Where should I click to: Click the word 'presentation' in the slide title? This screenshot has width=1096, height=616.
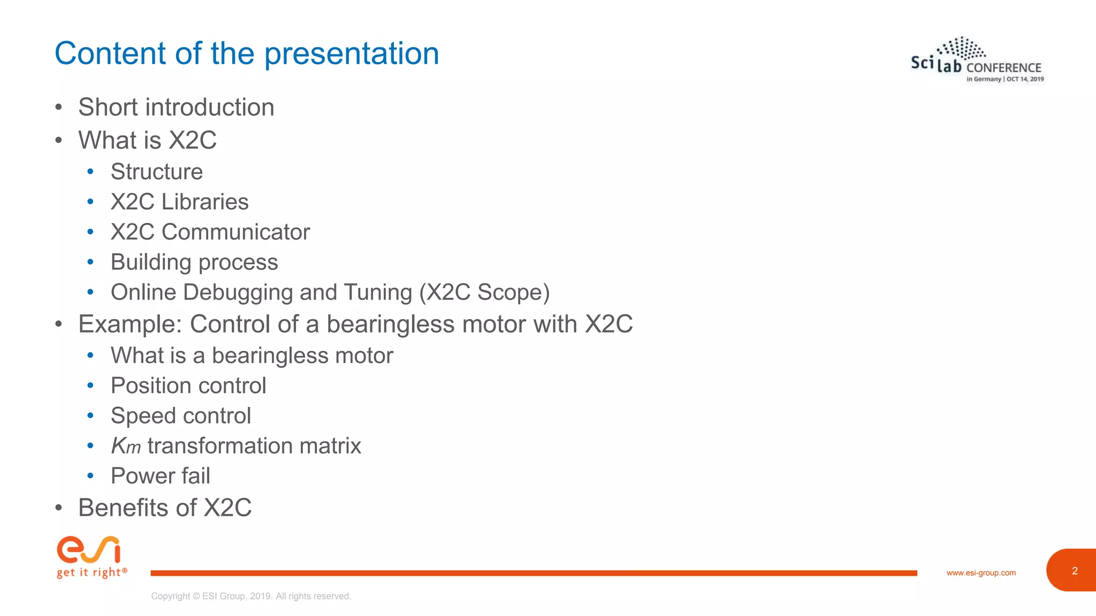pos(352,54)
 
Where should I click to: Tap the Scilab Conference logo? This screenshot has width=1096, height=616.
pos(977,60)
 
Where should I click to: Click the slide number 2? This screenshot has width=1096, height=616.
pos(1074,571)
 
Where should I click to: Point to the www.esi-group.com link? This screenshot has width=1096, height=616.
pos(980,573)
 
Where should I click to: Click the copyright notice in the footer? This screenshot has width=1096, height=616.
pos(251,596)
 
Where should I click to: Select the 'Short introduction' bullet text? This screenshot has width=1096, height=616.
pos(176,107)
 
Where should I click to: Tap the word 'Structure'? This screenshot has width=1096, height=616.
pos(157,172)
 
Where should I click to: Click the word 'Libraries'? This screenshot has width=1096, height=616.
pos(205,202)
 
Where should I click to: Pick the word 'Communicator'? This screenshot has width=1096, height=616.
pos(235,232)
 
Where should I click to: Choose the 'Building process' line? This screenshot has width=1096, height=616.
pos(194,262)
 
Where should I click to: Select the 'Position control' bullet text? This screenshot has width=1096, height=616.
pos(188,386)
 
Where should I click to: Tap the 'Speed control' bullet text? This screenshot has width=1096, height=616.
pos(181,415)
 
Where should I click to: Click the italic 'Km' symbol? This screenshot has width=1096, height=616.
pos(125,446)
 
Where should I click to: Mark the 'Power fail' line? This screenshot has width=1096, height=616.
pos(160,476)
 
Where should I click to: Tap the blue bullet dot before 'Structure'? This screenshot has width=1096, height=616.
pos(90,172)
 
